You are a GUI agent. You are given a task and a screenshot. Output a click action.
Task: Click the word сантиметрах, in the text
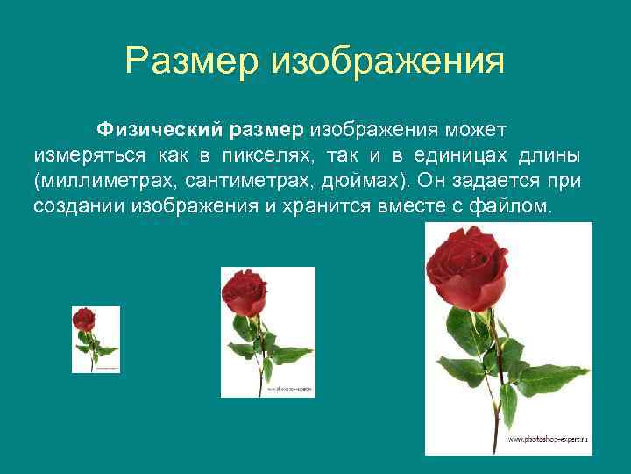(x=245, y=182)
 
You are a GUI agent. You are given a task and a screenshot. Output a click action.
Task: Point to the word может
(x=475, y=130)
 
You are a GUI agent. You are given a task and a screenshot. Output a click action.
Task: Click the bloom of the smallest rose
(x=84, y=318)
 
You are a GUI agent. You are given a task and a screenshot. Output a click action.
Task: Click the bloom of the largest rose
(x=466, y=266)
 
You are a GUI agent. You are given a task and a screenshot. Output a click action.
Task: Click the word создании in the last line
(x=79, y=207)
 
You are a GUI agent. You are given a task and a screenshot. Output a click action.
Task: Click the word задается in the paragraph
(x=496, y=182)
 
